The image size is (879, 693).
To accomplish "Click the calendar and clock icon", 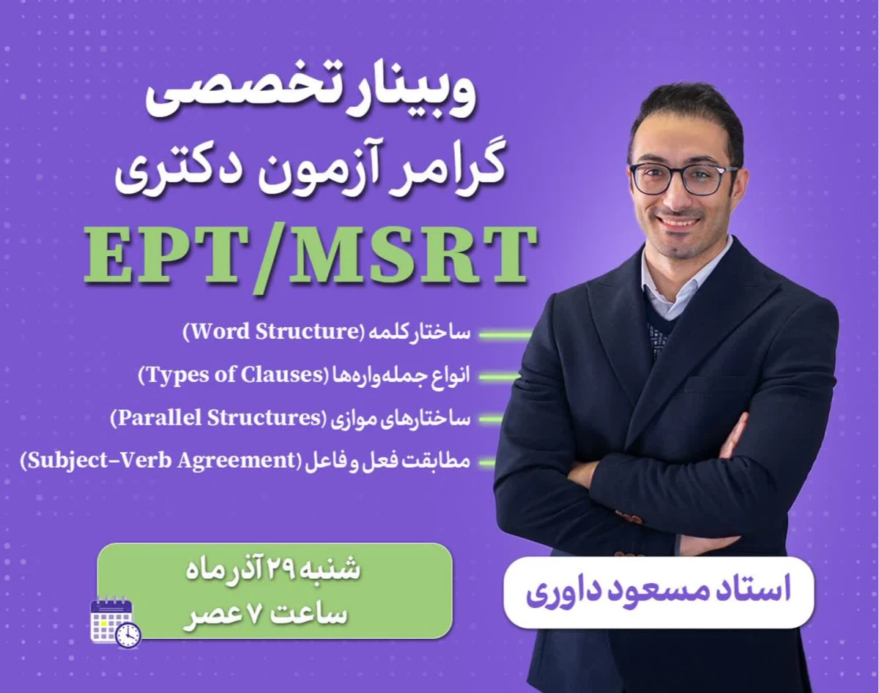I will [x=115, y=623].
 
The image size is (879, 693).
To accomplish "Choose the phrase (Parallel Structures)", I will [x=217, y=419].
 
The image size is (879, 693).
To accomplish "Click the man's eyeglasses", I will [x=682, y=179].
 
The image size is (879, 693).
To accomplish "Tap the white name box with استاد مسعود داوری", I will [x=659, y=592].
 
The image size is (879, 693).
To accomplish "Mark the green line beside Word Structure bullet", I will [x=505, y=335].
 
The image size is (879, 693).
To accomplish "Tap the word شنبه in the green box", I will [x=333, y=570].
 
